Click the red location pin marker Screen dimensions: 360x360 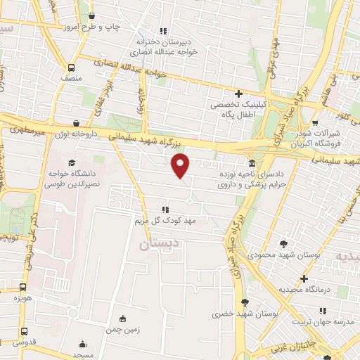click(181, 167)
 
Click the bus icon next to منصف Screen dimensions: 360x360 click(71, 68)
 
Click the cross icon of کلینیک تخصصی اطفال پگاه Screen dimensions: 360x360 click(239, 93)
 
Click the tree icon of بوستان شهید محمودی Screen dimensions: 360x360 click(283, 243)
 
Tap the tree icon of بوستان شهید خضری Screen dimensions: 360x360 click(244, 302)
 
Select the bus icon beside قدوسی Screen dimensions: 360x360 click(25, 331)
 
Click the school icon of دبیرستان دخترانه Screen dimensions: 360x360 click(163, 31)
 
